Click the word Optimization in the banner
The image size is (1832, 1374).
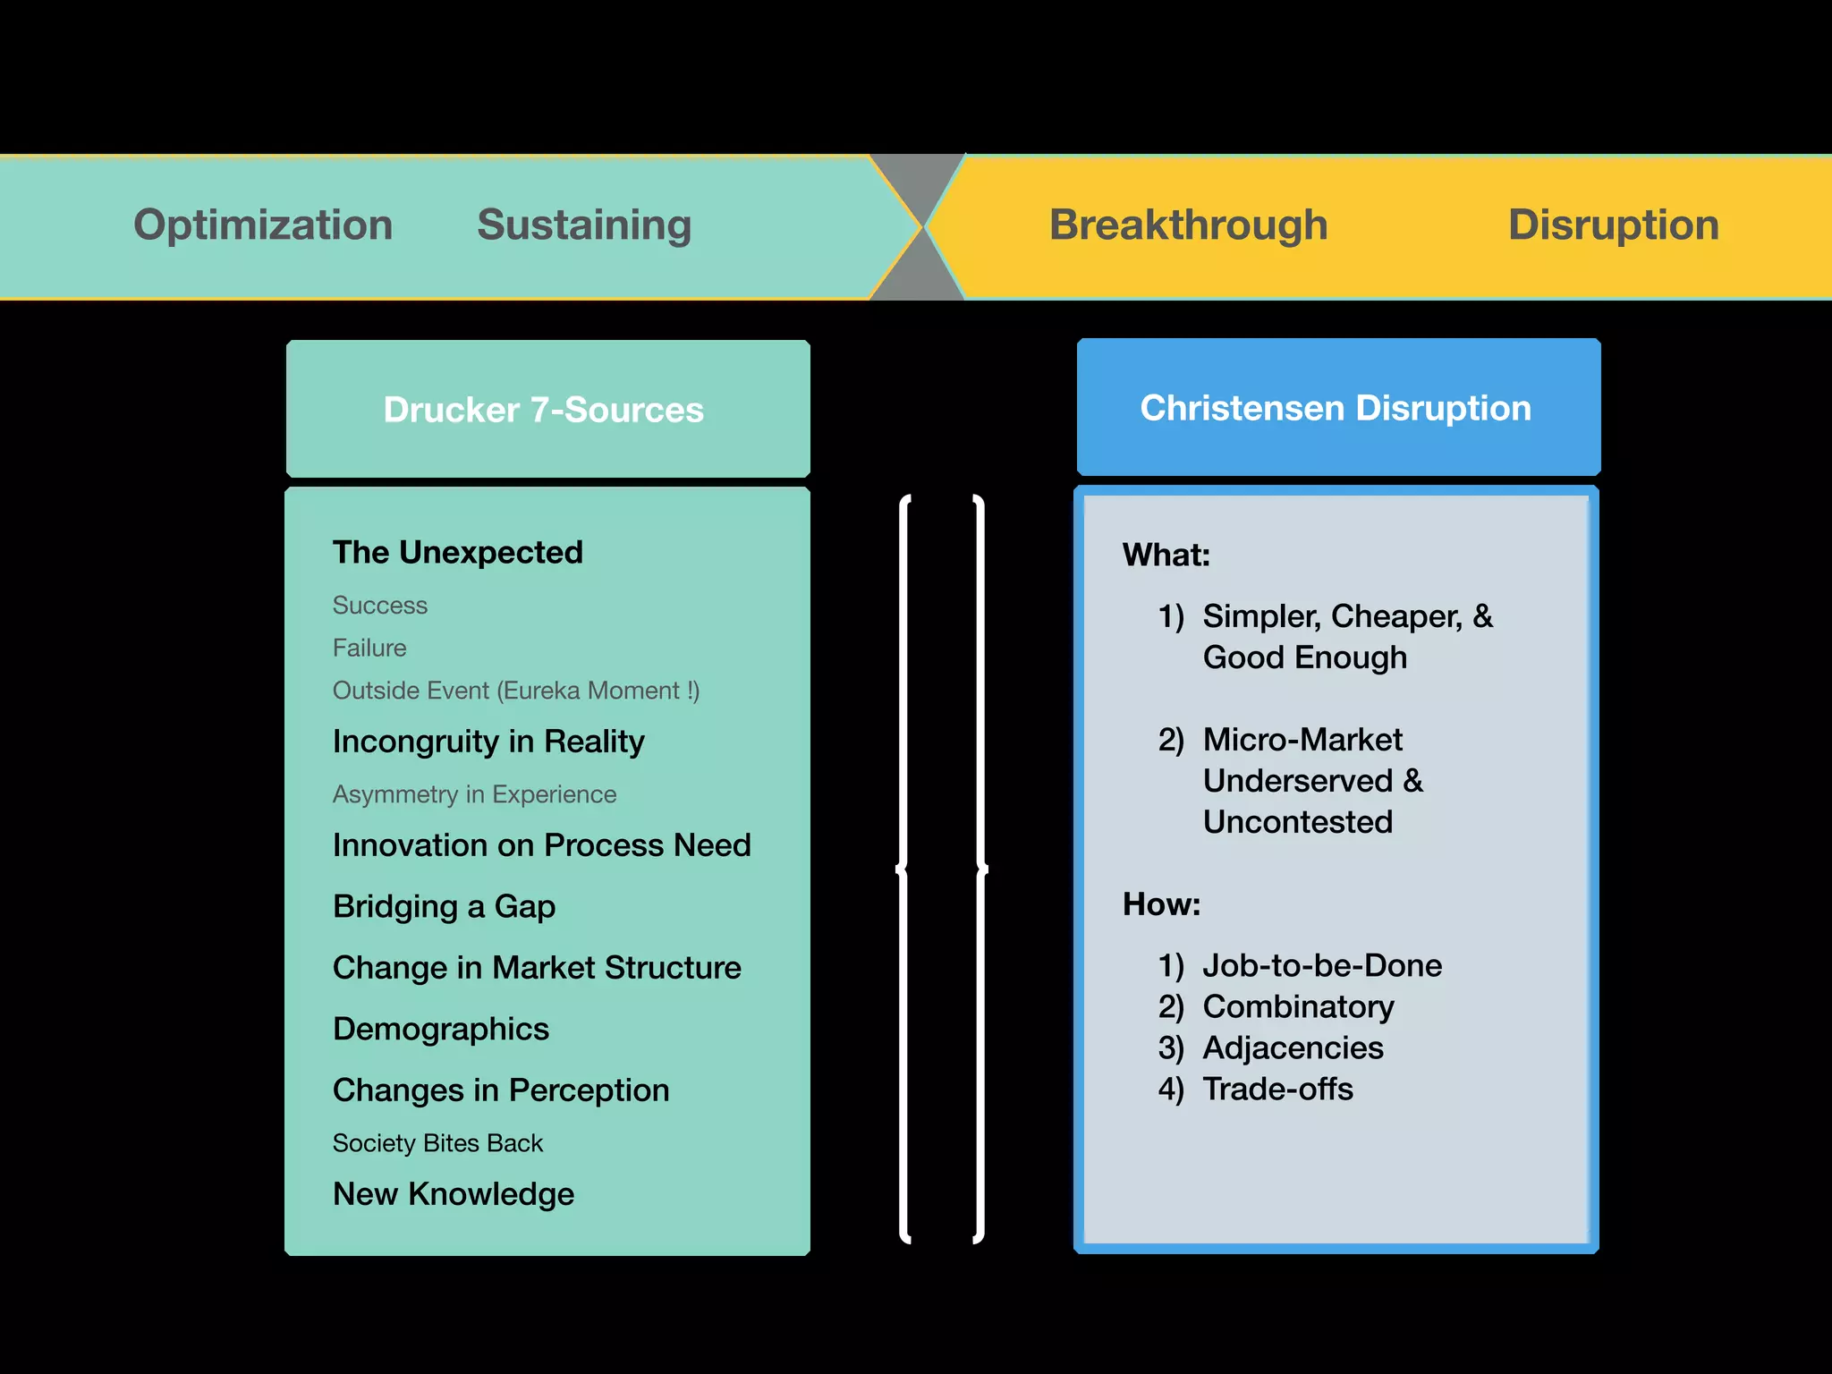pyautogui.click(x=263, y=225)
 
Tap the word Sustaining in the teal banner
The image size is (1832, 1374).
pyautogui.click(x=584, y=225)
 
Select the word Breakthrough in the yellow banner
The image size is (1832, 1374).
pyautogui.click(x=1188, y=225)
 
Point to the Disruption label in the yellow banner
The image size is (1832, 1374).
pyautogui.click(x=1613, y=225)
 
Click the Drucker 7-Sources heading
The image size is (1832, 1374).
pyautogui.click(x=544, y=410)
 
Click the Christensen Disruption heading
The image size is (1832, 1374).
pyautogui.click(x=1336, y=408)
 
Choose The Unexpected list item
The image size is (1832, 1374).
pyautogui.click(x=457, y=552)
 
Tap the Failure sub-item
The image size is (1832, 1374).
pyautogui.click(x=369, y=648)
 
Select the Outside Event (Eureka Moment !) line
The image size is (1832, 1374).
pyautogui.click(x=516, y=691)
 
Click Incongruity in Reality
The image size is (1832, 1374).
pyautogui.click(x=488, y=742)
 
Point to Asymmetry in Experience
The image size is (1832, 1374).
pyautogui.click(x=474, y=794)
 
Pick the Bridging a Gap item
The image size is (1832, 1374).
pyautogui.click(x=444, y=906)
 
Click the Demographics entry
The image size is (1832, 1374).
pyautogui.click(x=440, y=1029)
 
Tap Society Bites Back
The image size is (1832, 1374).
pyautogui.click(x=437, y=1143)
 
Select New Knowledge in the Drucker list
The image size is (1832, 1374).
pyautogui.click(x=454, y=1194)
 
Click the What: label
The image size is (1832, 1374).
pyautogui.click(x=1166, y=556)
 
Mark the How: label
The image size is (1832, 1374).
pyautogui.click(x=1161, y=904)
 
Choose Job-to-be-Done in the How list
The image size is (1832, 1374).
pyautogui.click(x=1321, y=965)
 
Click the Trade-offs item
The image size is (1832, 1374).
pyautogui.click(x=1277, y=1089)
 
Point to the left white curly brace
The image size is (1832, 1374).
pyautogui.click(x=904, y=868)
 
